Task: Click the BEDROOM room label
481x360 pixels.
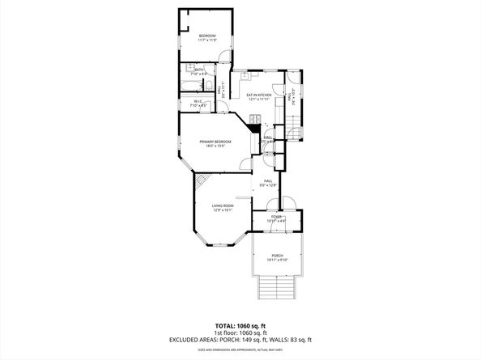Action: tap(207, 36)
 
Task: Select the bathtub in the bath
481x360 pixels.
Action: tap(192, 85)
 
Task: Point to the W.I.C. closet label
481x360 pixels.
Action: tap(197, 101)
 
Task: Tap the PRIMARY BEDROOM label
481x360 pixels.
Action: tap(216, 142)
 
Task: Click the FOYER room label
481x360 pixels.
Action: tap(277, 217)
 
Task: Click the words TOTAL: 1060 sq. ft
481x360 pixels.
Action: tap(240, 324)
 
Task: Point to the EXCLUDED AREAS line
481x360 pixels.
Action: tap(240, 340)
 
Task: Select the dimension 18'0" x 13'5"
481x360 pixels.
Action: tap(216, 146)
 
